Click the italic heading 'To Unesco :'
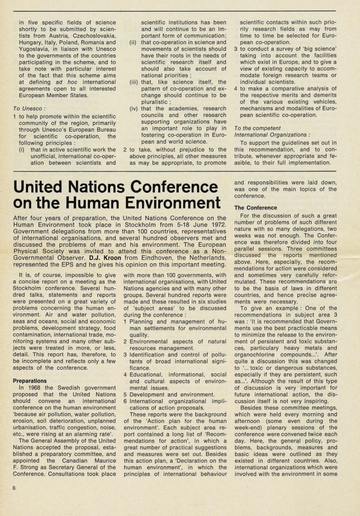pyautogui.click(x=29, y=107)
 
